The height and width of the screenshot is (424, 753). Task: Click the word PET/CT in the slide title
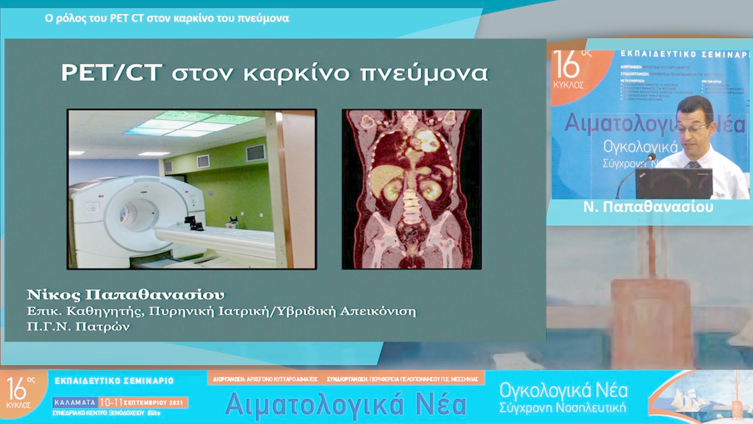[x=102, y=73]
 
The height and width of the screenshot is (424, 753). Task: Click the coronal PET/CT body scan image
[x=411, y=189]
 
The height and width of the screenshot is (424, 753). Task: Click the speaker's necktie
[x=694, y=164]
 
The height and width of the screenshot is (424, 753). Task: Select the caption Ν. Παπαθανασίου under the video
[x=648, y=207]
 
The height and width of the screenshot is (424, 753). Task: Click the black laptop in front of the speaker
[x=673, y=183]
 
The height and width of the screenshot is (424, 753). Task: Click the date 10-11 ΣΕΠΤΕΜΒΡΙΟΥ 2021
[x=143, y=402]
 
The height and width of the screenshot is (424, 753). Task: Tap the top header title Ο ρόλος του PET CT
[x=167, y=18]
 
